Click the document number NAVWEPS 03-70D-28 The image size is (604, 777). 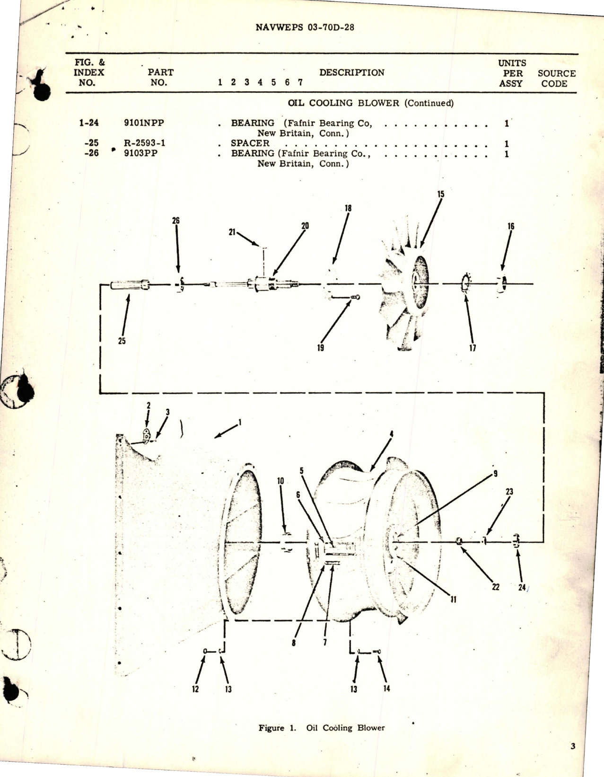coord(305,27)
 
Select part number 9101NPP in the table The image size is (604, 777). coord(144,123)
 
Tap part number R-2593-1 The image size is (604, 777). coord(144,143)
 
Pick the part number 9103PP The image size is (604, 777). coord(140,153)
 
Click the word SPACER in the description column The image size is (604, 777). coord(250,143)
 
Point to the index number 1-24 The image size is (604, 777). coord(89,123)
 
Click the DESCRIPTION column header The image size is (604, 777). coord(351,73)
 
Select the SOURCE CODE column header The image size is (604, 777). coord(556,79)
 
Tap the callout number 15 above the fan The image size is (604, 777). coord(441,194)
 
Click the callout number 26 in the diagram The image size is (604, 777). coord(175,221)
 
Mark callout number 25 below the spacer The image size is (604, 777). coord(122,341)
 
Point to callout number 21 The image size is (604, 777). coord(232,232)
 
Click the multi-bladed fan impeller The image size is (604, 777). coord(407,303)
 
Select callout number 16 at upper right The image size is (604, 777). coord(511,227)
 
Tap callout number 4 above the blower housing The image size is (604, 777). coord(391,433)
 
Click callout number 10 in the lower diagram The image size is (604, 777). coord(280,481)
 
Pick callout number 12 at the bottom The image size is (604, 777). coord(195,689)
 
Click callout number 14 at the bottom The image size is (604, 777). coord(386,689)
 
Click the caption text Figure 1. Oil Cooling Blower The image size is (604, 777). coord(321,728)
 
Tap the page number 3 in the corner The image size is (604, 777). coord(573,747)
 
